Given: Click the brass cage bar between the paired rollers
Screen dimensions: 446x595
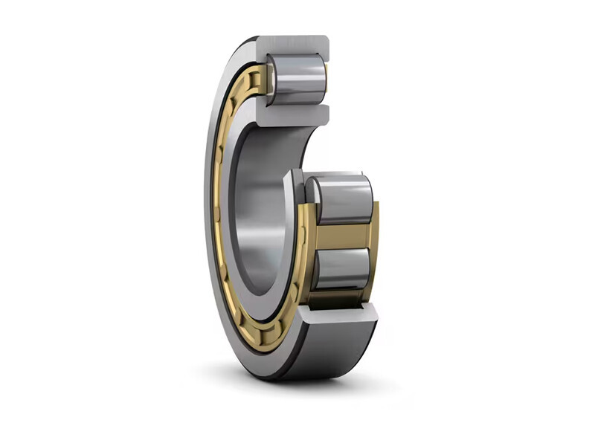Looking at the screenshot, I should (343, 235).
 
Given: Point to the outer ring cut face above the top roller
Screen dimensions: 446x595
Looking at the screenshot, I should (294, 44).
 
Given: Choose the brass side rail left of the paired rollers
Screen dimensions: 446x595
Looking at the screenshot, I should (306, 238).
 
